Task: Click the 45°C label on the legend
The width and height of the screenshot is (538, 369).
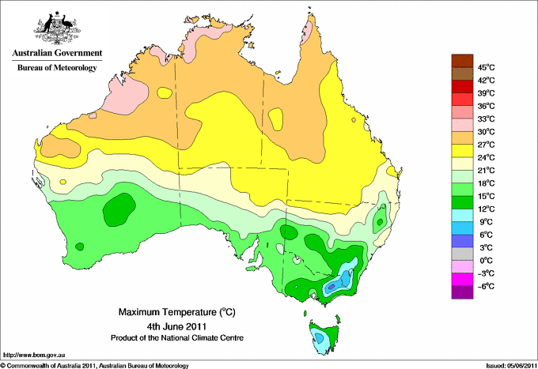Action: (x=487, y=67)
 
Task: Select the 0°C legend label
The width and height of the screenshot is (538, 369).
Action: (x=487, y=261)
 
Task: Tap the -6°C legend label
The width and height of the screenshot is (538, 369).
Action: (x=486, y=286)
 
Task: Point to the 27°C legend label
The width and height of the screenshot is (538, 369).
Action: (x=487, y=145)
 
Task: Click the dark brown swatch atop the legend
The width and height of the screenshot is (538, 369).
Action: (x=462, y=61)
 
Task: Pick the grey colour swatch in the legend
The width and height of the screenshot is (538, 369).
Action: (x=462, y=254)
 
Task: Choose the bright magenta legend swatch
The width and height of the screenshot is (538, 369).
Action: (x=462, y=280)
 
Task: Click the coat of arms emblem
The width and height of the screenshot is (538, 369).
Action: (x=57, y=28)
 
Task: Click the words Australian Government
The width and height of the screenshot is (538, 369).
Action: (x=57, y=53)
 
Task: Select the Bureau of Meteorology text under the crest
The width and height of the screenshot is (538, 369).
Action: (x=57, y=67)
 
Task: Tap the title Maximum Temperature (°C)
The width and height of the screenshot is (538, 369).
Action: (x=177, y=312)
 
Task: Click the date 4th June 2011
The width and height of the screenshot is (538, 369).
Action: (x=176, y=326)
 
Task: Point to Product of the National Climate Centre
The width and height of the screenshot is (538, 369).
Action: (x=177, y=338)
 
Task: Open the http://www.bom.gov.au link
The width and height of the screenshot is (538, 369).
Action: (x=34, y=355)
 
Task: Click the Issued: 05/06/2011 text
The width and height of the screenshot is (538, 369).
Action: (x=511, y=366)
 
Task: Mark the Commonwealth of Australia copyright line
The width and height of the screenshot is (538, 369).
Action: (x=95, y=366)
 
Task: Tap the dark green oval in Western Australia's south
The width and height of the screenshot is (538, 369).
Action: (x=119, y=209)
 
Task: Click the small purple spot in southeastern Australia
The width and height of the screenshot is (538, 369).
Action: (x=331, y=287)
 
